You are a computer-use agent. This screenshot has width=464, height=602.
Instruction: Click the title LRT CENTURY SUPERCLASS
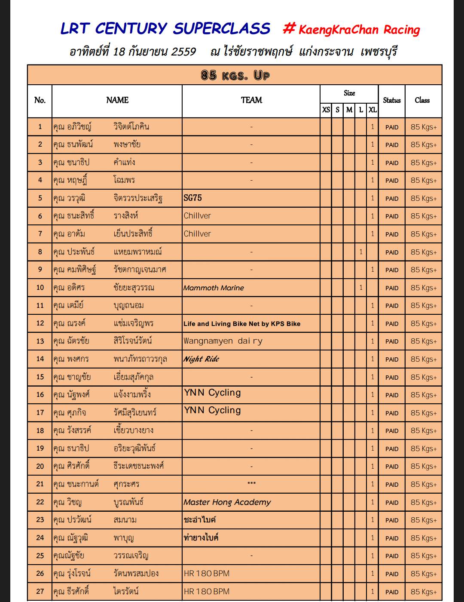[165, 29]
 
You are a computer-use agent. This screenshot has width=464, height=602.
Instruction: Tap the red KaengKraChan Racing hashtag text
[351, 30]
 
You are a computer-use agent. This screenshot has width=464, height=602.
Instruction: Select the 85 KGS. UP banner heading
[235, 76]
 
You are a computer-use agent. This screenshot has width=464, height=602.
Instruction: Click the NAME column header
[117, 100]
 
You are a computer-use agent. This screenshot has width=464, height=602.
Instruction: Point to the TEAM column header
[251, 100]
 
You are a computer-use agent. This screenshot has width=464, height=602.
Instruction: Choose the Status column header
[391, 100]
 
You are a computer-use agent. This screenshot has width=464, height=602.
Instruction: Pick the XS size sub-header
[326, 110]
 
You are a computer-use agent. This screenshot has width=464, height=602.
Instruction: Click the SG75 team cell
[192, 198]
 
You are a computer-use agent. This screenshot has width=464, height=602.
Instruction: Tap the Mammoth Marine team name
[214, 288]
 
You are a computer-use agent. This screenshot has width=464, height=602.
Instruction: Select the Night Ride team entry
[201, 359]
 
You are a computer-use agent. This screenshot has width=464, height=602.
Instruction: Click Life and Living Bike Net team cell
[242, 324]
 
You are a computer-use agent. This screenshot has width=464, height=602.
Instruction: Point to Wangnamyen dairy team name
[223, 341]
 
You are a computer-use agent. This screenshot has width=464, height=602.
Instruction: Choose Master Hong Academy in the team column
[227, 502]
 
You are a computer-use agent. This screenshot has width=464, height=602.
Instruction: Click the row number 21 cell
[40, 484]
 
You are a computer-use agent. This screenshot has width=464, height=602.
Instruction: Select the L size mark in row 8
[361, 252]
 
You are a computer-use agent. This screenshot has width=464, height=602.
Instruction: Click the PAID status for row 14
[392, 359]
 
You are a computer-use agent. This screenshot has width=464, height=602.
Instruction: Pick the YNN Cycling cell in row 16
[212, 393]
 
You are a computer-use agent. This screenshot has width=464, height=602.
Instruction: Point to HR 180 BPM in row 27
[207, 592]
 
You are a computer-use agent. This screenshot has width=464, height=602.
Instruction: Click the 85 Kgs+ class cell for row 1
[423, 127]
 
